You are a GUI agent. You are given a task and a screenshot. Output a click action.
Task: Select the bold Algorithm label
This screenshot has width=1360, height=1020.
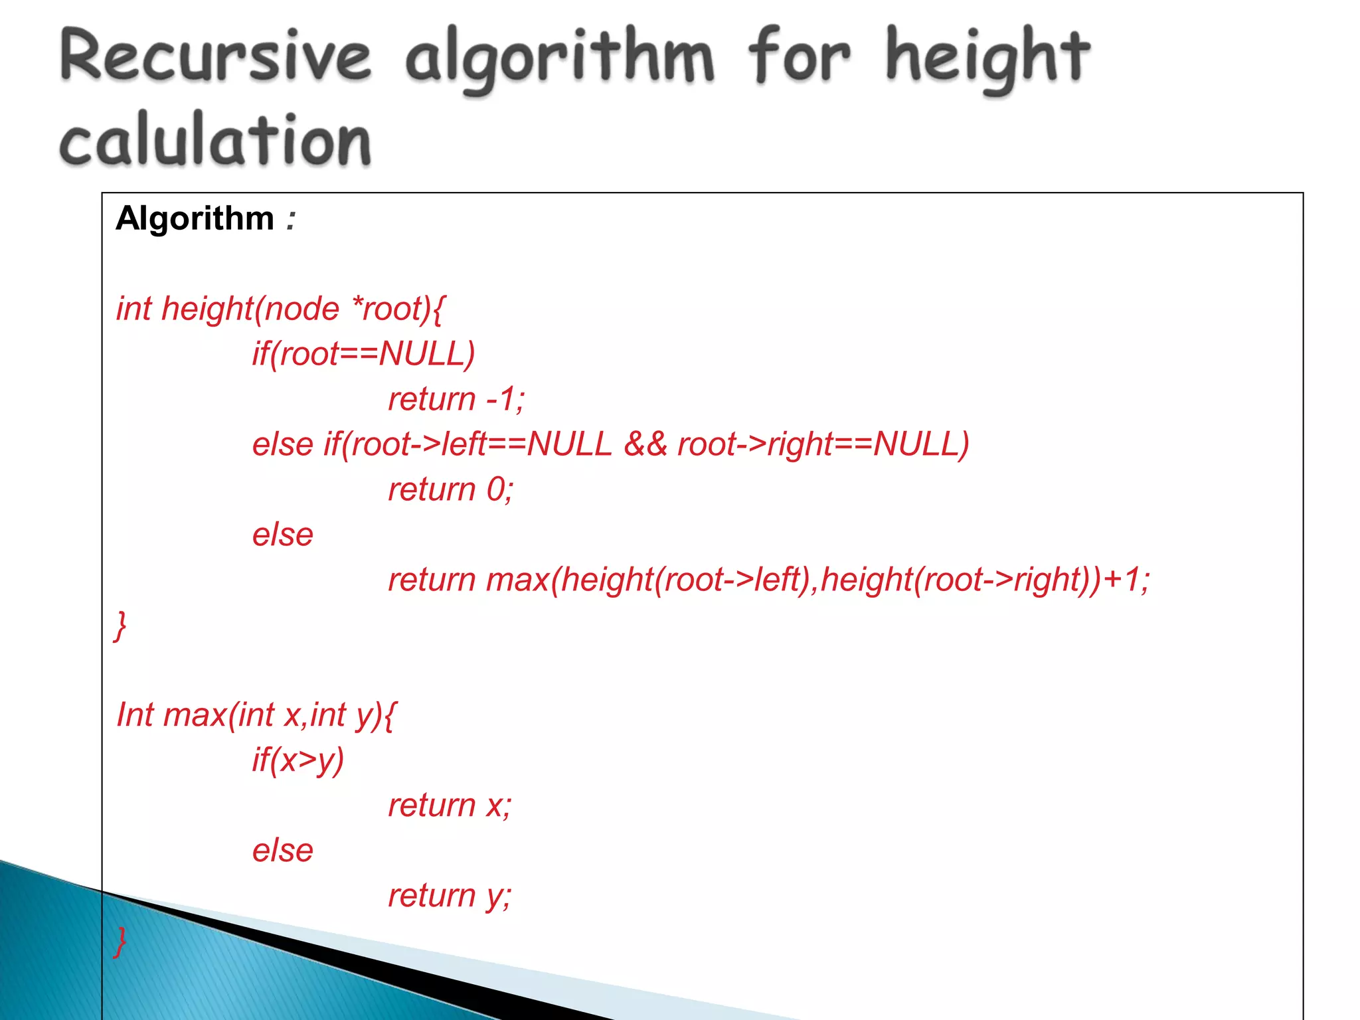pos(195,218)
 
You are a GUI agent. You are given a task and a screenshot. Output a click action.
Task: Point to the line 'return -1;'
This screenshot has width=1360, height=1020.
pos(456,400)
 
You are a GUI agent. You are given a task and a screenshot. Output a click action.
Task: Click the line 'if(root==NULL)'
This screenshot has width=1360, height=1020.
pos(363,355)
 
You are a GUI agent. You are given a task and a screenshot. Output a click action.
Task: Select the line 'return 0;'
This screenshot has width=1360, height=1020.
pos(450,490)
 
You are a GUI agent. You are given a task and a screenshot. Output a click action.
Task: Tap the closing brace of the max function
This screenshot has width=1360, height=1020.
pos(120,941)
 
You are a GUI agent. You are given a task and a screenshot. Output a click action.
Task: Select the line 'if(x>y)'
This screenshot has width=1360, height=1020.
pos(298,760)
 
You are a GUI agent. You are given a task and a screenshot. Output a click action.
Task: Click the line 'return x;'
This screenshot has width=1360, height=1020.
pos(450,806)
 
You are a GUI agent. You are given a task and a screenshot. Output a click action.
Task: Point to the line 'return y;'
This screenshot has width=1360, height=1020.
pos(450,896)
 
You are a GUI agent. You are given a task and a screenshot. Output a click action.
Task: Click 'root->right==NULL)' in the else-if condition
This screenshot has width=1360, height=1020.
pos(823,444)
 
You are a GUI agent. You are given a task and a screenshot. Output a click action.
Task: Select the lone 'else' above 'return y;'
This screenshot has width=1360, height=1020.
pos(282,851)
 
